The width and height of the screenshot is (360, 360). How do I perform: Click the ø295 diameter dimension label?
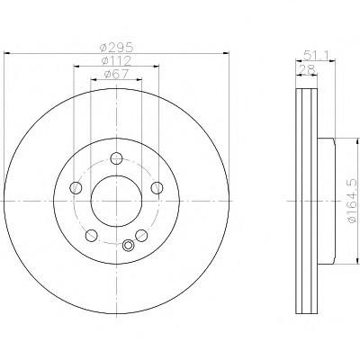[x=116, y=47]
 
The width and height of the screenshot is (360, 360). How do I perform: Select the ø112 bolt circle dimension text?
[x=116, y=60]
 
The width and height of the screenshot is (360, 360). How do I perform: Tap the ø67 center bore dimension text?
[x=116, y=74]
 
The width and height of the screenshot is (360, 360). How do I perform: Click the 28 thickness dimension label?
[x=308, y=69]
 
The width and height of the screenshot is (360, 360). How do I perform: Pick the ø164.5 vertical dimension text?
[x=353, y=201]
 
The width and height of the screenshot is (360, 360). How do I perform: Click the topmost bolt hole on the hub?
[x=116, y=158]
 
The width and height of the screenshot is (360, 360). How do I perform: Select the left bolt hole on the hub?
[x=76, y=188]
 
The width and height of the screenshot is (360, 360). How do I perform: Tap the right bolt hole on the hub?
[x=157, y=188]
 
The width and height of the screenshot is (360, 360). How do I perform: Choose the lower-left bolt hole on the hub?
[x=91, y=236]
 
